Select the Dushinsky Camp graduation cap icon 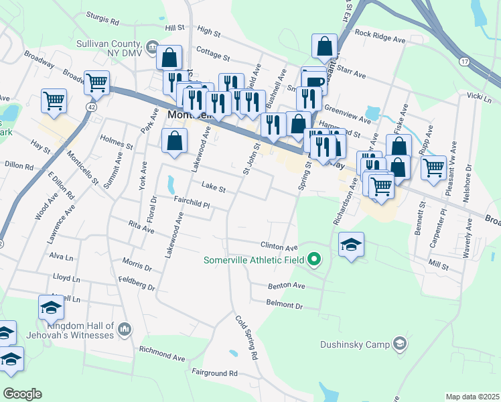click(x=400, y=344)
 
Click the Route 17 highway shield click(x=463, y=61)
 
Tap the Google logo click(x=22, y=394)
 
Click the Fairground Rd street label click(x=214, y=373)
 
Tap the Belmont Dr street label click(x=284, y=305)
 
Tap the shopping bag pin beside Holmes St click(x=174, y=141)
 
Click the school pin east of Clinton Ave click(x=351, y=245)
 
